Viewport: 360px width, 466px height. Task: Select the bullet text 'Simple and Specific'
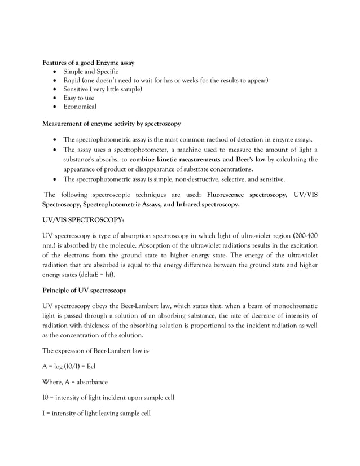(x=91, y=72)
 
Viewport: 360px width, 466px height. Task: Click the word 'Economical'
(x=80, y=107)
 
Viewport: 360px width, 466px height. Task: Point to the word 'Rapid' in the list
(x=72, y=81)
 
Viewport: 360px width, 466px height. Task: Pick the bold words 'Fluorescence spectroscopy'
(x=247, y=195)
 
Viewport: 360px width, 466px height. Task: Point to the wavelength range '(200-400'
(x=302, y=235)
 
